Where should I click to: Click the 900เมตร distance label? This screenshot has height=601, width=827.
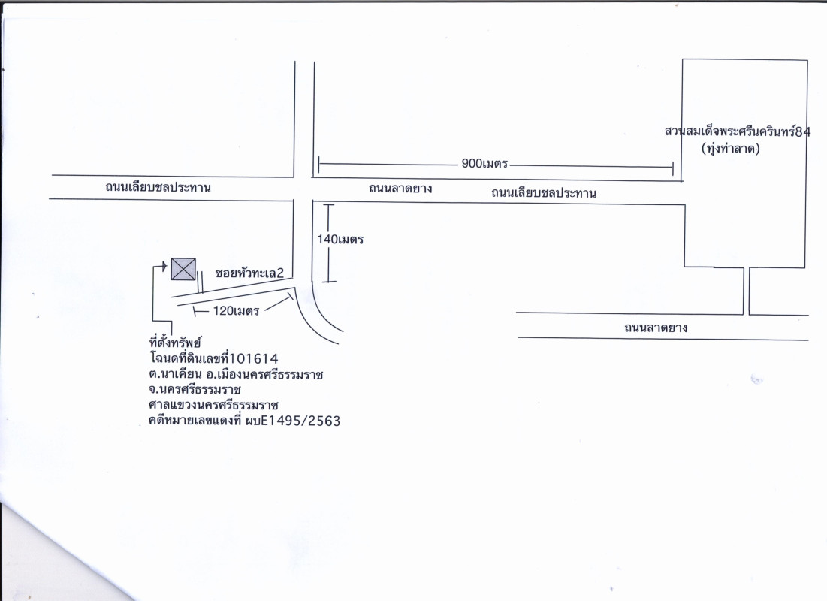coord(484,164)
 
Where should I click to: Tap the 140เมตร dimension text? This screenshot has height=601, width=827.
coord(340,240)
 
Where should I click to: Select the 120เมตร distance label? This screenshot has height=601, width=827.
coord(236,311)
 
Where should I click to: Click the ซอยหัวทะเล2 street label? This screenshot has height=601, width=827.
coord(249,273)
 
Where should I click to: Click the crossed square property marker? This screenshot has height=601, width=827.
coord(183,269)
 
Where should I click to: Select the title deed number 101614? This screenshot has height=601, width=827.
coord(254,359)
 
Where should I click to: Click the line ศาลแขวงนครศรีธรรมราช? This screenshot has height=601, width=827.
coord(213,406)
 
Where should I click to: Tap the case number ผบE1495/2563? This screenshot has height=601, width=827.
coord(293,421)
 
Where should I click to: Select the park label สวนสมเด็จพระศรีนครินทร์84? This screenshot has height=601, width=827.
coord(738,131)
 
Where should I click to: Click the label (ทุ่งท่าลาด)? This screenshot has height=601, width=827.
coord(731,149)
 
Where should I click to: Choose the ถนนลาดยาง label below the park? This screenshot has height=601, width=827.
coord(656,328)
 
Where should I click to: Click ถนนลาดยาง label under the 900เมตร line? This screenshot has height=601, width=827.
coord(400,189)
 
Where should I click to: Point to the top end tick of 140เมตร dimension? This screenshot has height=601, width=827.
coord(328,205)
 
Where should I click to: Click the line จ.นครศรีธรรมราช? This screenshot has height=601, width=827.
coord(195,390)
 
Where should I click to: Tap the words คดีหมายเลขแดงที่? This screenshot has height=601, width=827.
coord(195,421)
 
